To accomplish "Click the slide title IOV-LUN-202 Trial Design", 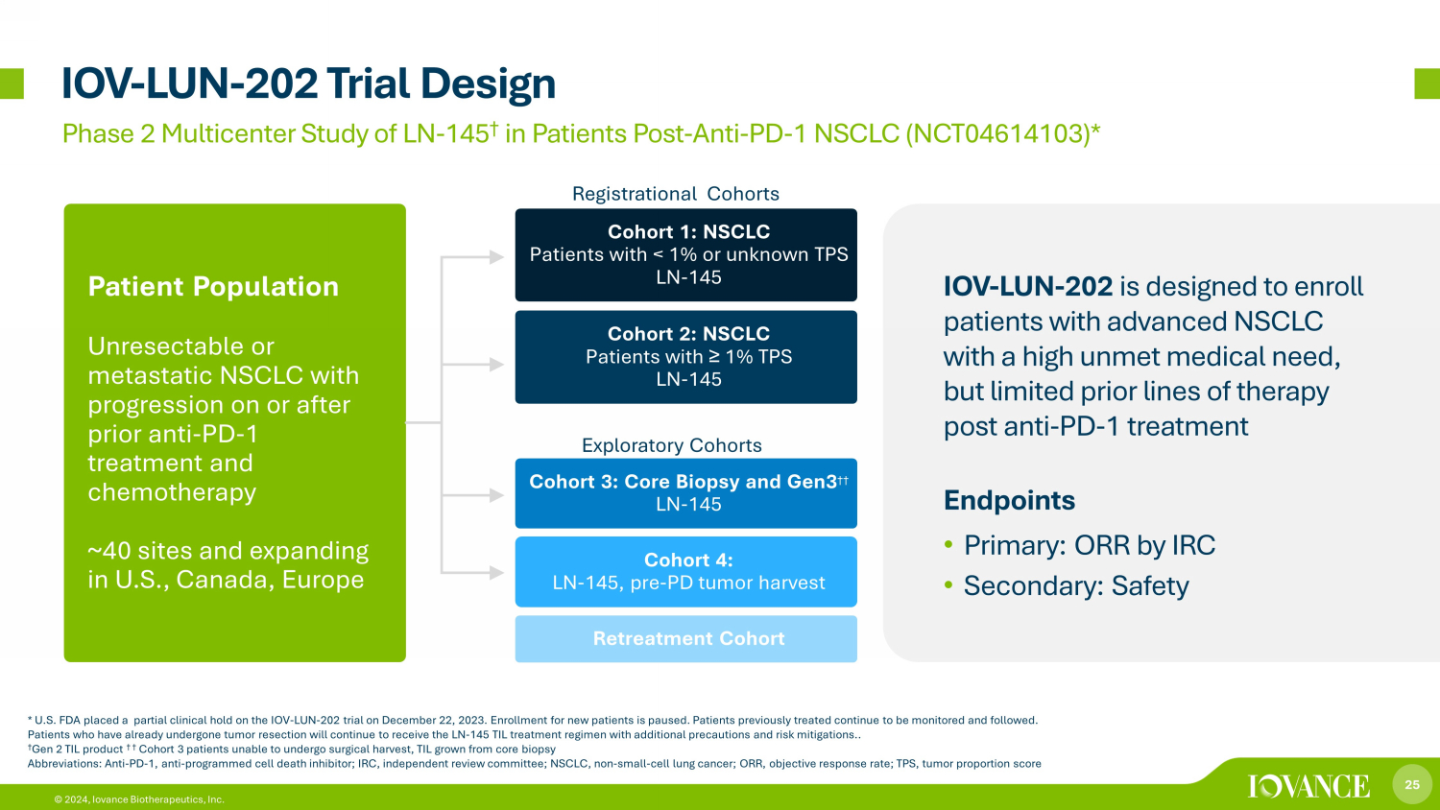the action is pyautogui.click(x=308, y=84).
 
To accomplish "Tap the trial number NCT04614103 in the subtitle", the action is pyautogui.click(x=1000, y=133).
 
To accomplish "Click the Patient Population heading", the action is pyautogui.click(x=213, y=286).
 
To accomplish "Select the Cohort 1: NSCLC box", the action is pyautogui.click(x=686, y=254).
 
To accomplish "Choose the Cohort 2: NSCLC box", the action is pyautogui.click(x=686, y=357).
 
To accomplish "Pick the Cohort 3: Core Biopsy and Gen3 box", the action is pyautogui.click(x=686, y=493).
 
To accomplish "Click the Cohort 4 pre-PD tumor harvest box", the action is pyautogui.click(x=686, y=571).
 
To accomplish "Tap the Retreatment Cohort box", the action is pyautogui.click(x=686, y=638).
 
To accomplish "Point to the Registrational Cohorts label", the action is pyautogui.click(x=676, y=194).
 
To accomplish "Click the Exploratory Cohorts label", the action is pyautogui.click(x=672, y=445).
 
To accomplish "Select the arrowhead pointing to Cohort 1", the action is pyautogui.click(x=496, y=257).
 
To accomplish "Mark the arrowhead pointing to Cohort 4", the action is pyautogui.click(x=496, y=572).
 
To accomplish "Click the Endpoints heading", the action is pyautogui.click(x=1009, y=500).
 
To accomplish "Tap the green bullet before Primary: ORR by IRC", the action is pyautogui.click(x=948, y=545).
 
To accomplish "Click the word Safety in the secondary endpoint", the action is pyautogui.click(x=1150, y=586).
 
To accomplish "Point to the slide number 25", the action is pyautogui.click(x=1412, y=784).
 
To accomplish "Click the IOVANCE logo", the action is pyautogui.click(x=1308, y=786).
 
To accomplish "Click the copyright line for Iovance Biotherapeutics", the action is pyautogui.click(x=139, y=799).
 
